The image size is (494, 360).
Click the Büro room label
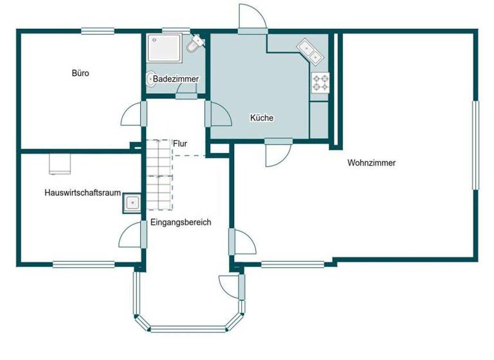(x=80, y=73)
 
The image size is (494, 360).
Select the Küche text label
(x=262, y=118)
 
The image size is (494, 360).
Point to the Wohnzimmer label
(x=371, y=163)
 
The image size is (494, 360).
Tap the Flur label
(x=179, y=143)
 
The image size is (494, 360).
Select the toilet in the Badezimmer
(x=194, y=45)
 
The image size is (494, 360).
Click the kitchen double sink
(x=310, y=51)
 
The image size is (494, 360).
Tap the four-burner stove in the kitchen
(x=320, y=82)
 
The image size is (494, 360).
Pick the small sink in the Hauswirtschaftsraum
(x=133, y=203)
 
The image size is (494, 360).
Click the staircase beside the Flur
(x=158, y=175)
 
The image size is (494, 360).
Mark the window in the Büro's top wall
(x=98, y=30)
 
